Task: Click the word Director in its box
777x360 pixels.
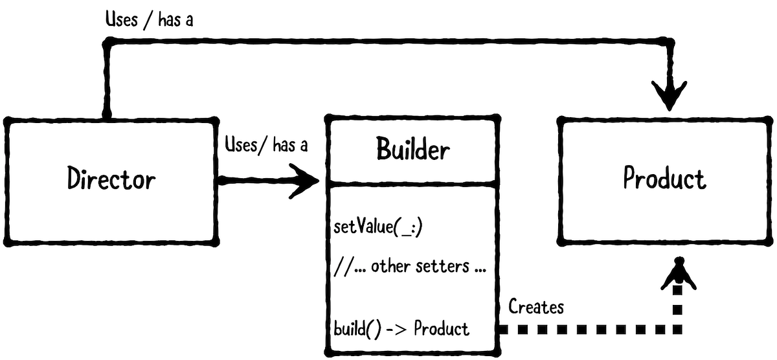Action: (111, 179)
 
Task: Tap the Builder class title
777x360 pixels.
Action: (412, 150)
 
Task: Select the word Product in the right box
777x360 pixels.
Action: (664, 179)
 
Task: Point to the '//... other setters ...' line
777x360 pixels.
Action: (410, 265)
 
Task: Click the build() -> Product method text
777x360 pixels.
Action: (401, 328)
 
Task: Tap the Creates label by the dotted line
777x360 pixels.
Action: (536, 306)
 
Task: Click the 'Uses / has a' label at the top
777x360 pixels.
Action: (150, 20)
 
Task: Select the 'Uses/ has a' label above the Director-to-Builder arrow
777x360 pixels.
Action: (265, 144)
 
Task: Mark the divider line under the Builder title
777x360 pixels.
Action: (412, 185)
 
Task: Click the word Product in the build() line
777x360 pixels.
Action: (442, 328)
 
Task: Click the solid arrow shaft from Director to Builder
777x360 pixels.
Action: (253, 181)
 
